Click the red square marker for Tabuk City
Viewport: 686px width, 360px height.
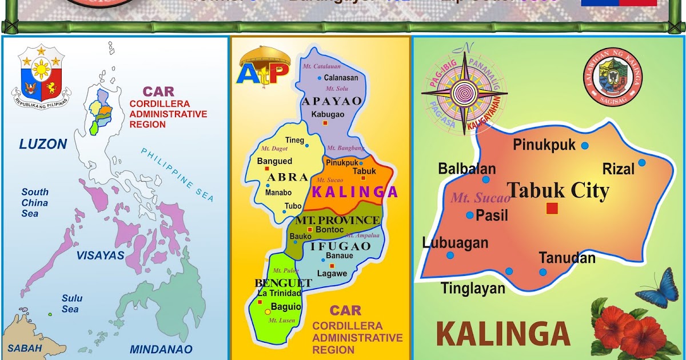coord(552,209)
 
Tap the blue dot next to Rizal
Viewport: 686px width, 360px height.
coord(642,163)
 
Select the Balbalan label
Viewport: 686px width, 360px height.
coord(466,169)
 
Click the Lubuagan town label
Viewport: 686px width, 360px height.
coord(455,243)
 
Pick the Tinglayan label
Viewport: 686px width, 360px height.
coord(473,289)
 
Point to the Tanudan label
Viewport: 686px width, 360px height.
coord(567,258)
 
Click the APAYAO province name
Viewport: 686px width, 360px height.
coord(332,101)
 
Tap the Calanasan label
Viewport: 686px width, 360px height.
coord(341,78)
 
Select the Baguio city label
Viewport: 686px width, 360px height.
coord(286,307)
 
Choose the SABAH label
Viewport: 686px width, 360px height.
coord(25,347)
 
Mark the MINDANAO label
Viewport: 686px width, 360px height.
coord(161,349)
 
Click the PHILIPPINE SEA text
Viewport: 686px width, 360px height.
coord(178,174)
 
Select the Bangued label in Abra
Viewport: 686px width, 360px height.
coord(274,161)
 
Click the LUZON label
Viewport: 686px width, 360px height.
coord(43,144)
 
